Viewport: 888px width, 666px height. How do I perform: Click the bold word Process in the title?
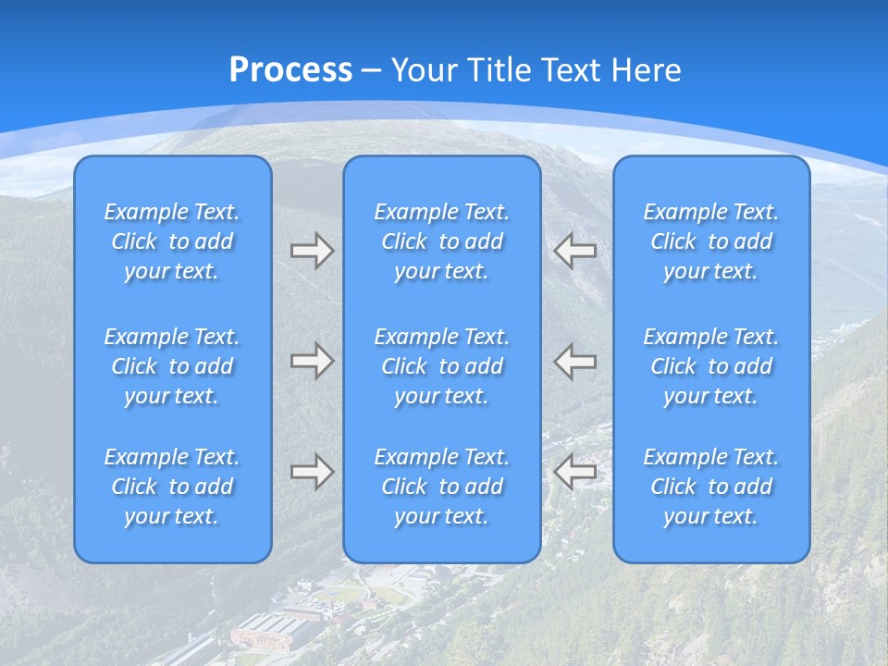pyautogui.click(x=290, y=70)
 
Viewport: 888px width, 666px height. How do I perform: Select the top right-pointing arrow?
pyautogui.click(x=312, y=251)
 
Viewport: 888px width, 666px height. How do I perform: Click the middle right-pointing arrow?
pyautogui.click(x=312, y=360)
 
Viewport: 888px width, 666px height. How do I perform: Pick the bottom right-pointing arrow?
pyautogui.click(x=312, y=472)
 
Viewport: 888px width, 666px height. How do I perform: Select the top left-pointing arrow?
pyautogui.click(x=574, y=251)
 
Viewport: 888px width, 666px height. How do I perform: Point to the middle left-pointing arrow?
pyautogui.click(x=574, y=360)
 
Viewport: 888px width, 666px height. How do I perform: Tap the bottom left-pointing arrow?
pyautogui.click(x=574, y=472)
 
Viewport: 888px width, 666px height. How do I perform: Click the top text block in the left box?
pyautogui.click(x=172, y=241)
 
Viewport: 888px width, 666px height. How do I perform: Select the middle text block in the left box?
pyautogui.click(x=172, y=366)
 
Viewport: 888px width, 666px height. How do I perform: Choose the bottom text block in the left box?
pyautogui.click(x=172, y=487)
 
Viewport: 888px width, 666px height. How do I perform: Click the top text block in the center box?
pyautogui.click(x=441, y=241)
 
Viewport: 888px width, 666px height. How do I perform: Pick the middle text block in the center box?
pyautogui.click(x=441, y=366)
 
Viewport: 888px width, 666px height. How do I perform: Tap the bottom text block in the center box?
pyautogui.click(x=441, y=487)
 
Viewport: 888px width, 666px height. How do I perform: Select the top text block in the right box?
pyautogui.click(x=710, y=241)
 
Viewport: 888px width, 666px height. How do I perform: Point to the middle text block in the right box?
pyautogui.click(x=710, y=366)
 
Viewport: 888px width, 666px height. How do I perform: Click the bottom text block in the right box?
pyautogui.click(x=710, y=487)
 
